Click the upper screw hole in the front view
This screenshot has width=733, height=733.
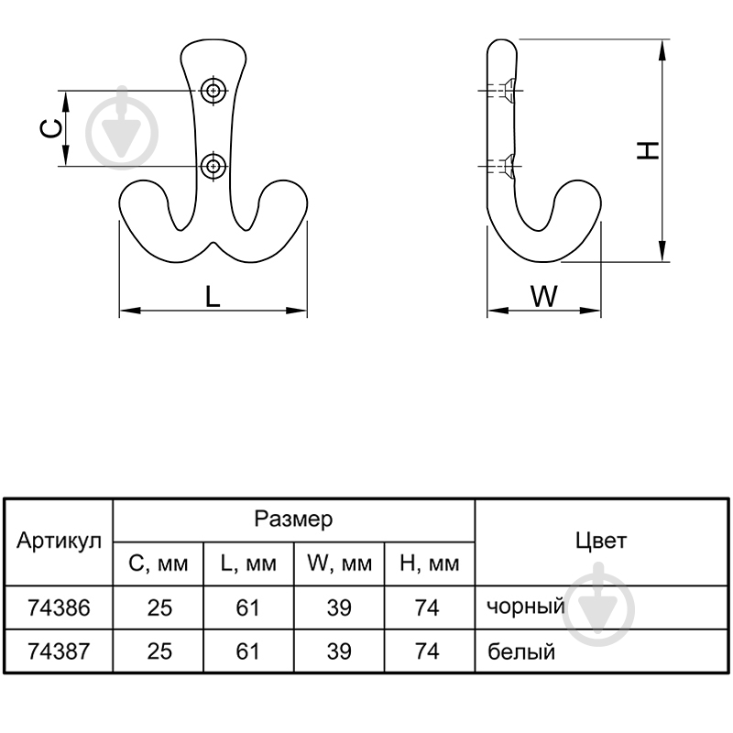pyautogui.click(x=213, y=90)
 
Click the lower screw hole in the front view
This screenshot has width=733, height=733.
pyautogui.click(x=213, y=166)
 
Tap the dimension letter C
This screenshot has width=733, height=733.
pyautogui.click(x=50, y=128)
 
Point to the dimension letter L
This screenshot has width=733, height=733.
pyautogui.click(x=213, y=296)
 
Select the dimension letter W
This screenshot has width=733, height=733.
pyautogui.click(x=543, y=296)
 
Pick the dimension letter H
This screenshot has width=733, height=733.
pyautogui.click(x=649, y=150)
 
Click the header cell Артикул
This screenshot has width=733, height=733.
pyautogui.click(x=59, y=542)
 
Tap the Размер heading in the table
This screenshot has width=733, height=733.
pyautogui.click(x=293, y=519)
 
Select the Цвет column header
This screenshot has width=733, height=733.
pyautogui.click(x=601, y=541)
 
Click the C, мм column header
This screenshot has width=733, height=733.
pyautogui.click(x=159, y=563)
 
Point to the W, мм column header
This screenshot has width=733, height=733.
pyautogui.click(x=339, y=563)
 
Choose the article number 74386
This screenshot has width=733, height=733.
pyautogui.click(x=59, y=607)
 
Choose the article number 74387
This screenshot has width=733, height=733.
pyautogui.click(x=59, y=651)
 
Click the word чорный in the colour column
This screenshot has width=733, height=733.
pyautogui.click(x=526, y=607)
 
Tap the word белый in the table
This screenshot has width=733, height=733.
pyautogui.click(x=521, y=651)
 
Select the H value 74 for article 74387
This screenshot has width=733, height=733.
pyautogui.click(x=427, y=651)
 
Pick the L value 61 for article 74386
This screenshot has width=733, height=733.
pyautogui.click(x=247, y=607)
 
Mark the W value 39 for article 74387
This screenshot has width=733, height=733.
pyautogui.click(x=339, y=651)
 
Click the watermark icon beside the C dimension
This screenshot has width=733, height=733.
pyautogui.click(x=122, y=127)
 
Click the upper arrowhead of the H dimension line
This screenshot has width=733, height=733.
pyautogui.click(x=662, y=50)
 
